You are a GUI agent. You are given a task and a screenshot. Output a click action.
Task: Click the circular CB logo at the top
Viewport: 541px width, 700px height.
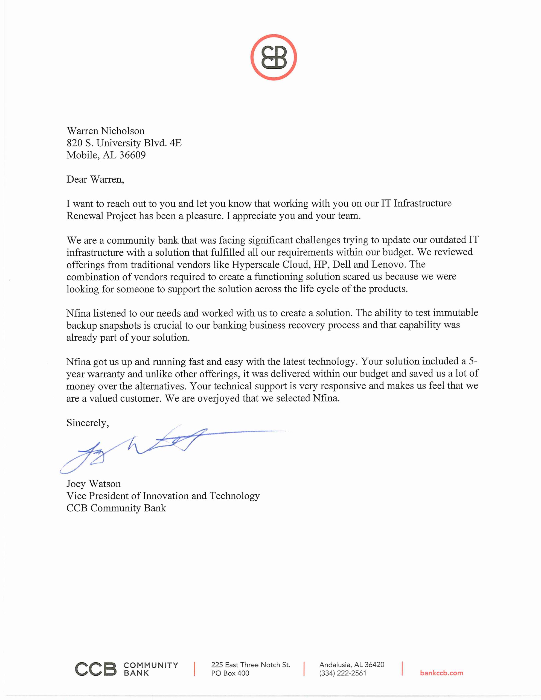tap(274, 57)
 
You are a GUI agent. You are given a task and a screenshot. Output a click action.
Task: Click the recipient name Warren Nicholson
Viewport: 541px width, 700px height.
tap(106, 131)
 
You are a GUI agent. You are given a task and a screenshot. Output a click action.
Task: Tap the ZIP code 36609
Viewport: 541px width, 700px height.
tap(132, 155)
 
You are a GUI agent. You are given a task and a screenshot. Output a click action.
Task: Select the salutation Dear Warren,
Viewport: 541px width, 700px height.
tap(95, 179)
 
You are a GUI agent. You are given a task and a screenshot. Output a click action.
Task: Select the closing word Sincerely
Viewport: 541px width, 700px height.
tap(87, 423)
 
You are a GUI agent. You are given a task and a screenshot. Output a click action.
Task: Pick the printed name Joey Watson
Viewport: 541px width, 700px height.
tap(94, 484)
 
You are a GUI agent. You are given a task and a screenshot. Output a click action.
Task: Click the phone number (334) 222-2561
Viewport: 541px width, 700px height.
tap(342, 673)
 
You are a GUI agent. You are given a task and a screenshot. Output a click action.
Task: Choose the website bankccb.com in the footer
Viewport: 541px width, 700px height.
tap(441, 673)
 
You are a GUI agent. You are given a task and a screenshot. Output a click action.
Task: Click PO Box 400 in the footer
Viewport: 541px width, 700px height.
tap(230, 673)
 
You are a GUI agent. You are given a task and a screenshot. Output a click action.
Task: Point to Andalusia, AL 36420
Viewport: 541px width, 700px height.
tap(351, 664)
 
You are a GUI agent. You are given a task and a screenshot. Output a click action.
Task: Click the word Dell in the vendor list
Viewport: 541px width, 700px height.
tap(342, 264)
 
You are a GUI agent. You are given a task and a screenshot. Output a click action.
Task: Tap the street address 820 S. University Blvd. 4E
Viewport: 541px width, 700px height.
tap(124, 143)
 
